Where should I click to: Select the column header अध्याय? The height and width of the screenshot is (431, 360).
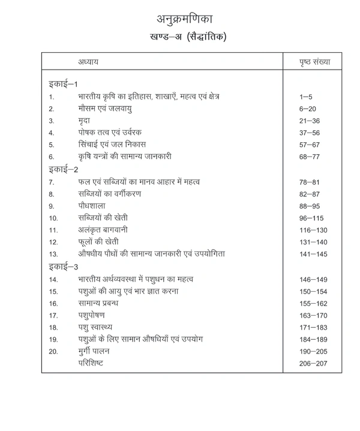88,62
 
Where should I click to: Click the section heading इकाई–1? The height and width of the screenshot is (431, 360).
64,84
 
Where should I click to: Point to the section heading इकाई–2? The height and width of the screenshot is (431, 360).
65,169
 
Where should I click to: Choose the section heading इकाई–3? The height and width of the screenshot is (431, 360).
65,266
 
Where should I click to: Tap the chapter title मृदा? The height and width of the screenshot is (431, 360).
86,120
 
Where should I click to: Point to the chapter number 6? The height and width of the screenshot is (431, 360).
52,157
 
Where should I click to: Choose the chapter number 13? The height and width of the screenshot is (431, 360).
53,255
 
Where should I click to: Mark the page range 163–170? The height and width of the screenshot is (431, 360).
313,315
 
